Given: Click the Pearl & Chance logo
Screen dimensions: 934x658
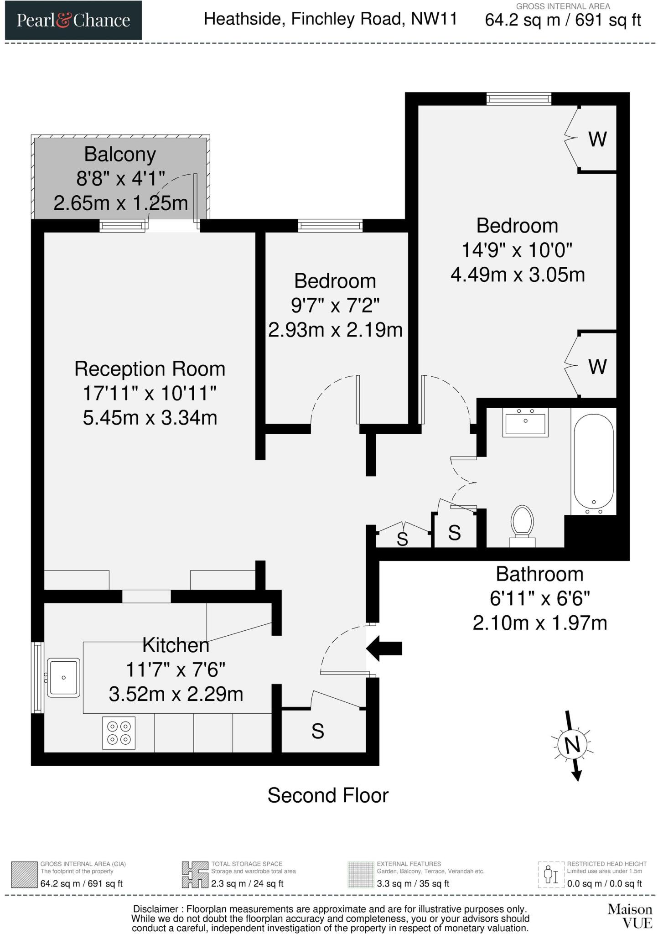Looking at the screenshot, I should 73,21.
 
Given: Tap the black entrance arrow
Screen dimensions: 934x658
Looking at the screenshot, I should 384,648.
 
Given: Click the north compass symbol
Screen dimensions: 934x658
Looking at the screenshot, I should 572,745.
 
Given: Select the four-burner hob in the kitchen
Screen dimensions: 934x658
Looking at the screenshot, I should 119,733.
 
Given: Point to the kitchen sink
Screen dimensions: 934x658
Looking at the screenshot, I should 63,677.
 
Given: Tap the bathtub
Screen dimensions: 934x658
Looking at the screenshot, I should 593,463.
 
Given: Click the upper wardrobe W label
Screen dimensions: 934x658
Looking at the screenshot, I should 597,140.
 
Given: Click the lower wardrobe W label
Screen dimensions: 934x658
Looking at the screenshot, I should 597,367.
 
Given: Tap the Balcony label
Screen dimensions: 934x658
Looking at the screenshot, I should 120,154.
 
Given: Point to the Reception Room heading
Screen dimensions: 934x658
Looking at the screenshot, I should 150,368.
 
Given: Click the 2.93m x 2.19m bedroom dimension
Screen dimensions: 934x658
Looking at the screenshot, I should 335,330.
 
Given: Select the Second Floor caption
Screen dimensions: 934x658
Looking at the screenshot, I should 328,795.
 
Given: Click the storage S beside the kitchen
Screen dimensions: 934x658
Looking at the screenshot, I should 318,731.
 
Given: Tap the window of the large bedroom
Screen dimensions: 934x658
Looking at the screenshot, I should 518,99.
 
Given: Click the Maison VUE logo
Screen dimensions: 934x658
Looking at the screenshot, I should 629,916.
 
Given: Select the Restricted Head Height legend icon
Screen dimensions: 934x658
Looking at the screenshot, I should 551,875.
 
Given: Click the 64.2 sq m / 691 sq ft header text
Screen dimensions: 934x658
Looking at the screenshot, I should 563,21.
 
